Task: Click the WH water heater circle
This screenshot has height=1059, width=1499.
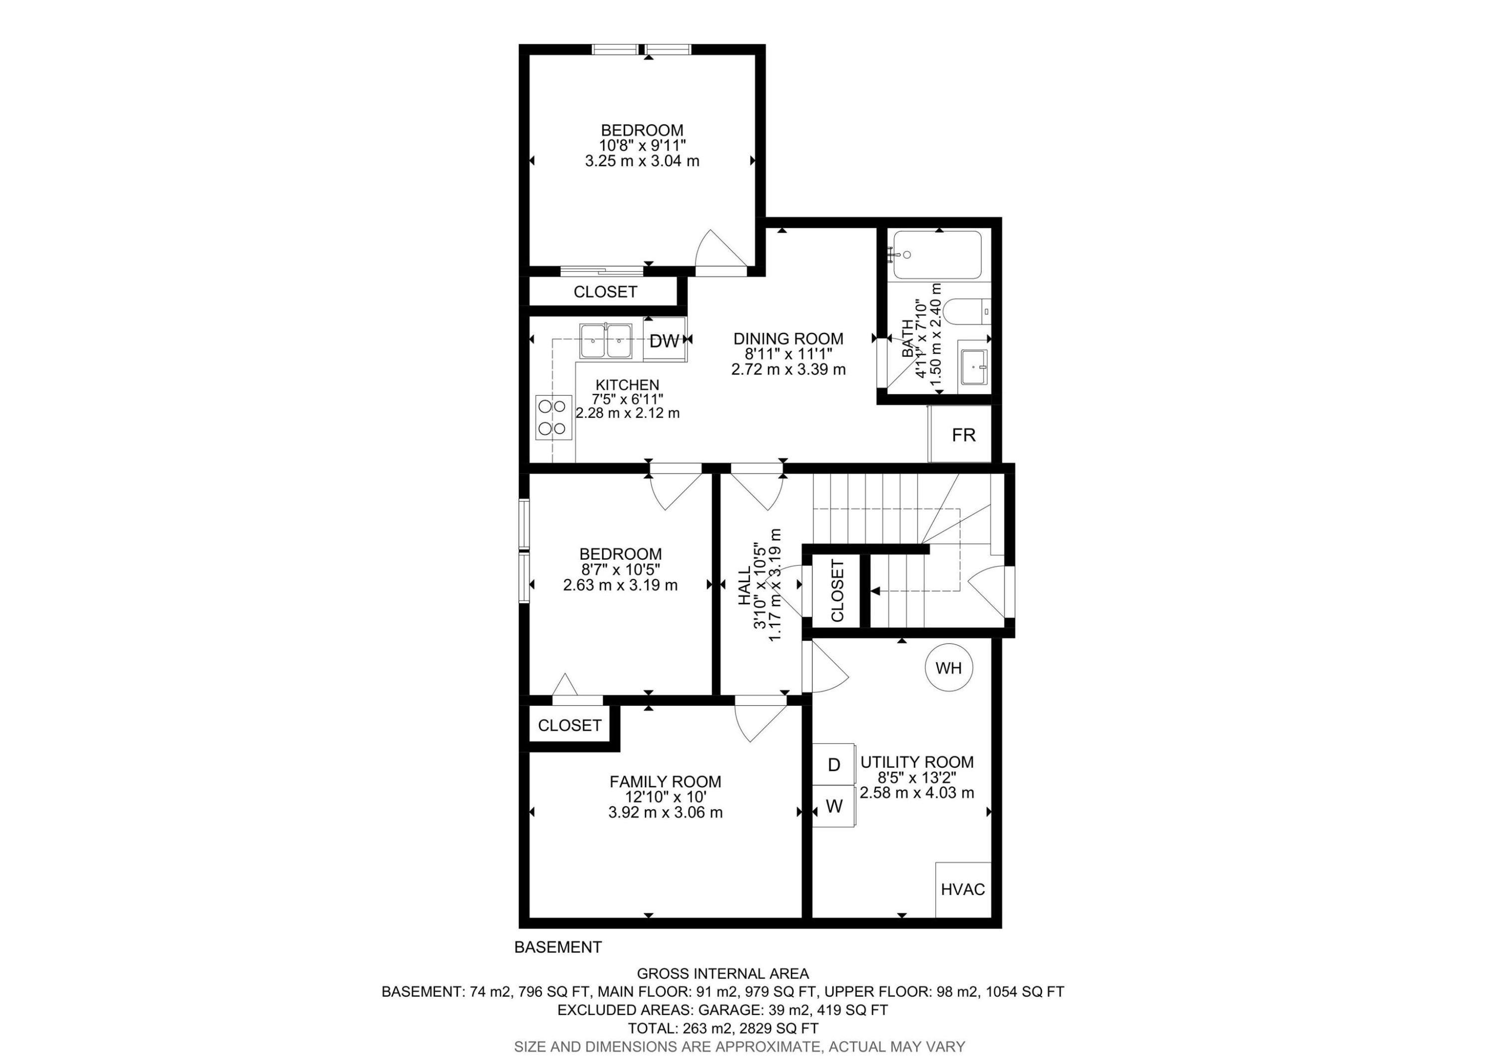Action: point(948,668)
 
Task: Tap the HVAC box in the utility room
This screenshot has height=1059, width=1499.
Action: point(963,889)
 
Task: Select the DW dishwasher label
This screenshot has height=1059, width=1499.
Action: point(665,340)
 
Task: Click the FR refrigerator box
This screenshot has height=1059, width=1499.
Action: point(962,435)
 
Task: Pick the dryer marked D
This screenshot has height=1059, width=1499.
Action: point(833,765)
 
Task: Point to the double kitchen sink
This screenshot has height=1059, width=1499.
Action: point(607,341)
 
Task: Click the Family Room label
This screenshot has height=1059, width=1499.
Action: point(665,782)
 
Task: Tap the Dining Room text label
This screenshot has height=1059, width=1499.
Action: point(788,339)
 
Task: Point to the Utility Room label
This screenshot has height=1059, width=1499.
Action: point(916,762)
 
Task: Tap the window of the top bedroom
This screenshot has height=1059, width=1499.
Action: point(641,49)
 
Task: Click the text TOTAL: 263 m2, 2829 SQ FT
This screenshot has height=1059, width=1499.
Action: point(723,1029)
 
